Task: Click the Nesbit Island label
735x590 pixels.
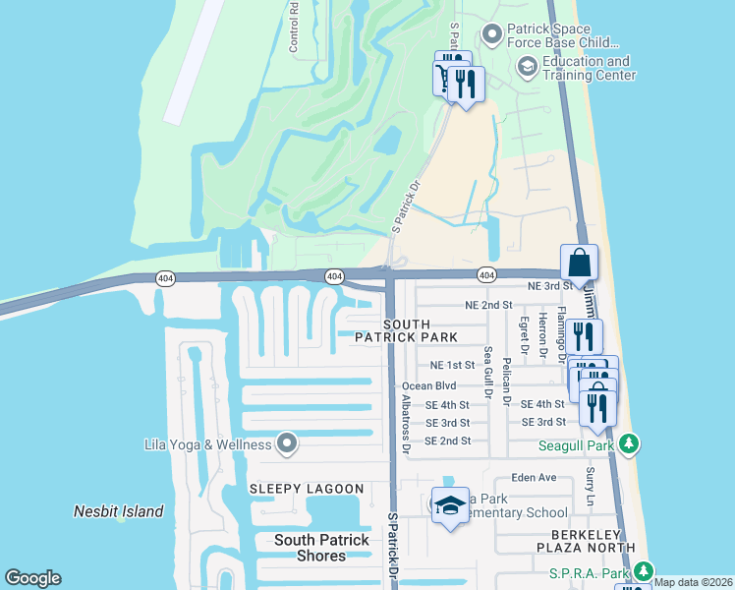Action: [119, 511]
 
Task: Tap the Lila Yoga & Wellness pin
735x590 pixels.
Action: [287, 444]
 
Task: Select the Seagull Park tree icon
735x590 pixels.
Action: [629, 445]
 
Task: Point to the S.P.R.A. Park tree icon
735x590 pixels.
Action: [644, 571]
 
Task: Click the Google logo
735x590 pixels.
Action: [32, 578]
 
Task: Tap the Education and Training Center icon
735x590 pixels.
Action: [527, 67]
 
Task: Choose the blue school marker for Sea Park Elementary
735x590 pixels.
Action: [450, 506]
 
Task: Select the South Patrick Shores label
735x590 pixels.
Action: [321, 548]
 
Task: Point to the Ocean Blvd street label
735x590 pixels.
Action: [429, 386]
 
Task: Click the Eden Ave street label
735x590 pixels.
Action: [534, 478]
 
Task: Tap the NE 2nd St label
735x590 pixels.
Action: [487, 305]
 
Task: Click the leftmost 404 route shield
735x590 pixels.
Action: [159, 280]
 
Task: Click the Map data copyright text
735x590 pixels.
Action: [694, 582]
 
